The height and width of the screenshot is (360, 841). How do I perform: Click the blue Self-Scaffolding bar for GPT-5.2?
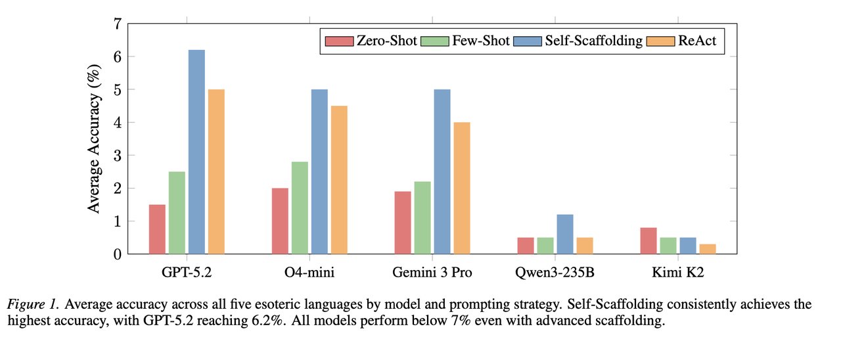pyautogui.click(x=196, y=152)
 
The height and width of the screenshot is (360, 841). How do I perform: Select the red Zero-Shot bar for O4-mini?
pyautogui.click(x=280, y=221)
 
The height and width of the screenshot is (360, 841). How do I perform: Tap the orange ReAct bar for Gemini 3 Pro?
pyautogui.click(x=462, y=188)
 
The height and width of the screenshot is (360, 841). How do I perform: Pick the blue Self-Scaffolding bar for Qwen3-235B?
pyautogui.click(x=565, y=234)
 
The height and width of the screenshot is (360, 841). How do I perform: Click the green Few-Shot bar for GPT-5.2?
pyautogui.click(x=177, y=212)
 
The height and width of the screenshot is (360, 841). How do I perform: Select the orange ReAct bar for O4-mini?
pyautogui.click(x=339, y=179)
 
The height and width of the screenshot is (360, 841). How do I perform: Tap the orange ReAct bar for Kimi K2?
pyautogui.click(x=708, y=249)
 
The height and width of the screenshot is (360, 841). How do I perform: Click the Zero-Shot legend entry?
pyautogui.click(x=372, y=41)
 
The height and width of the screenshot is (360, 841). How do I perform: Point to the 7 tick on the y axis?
pyautogui.click(x=118, y=24)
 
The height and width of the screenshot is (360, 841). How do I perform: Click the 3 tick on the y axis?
pyautogui.click(x=118, y=156)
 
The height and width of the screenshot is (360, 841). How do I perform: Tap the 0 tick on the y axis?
pyautogui.click(x=118, y=254)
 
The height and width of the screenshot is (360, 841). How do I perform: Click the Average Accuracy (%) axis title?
pyautogui.click(x=95, y=139)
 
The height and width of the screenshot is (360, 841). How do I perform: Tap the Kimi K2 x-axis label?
pyautogui.click(x=678, y=273)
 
